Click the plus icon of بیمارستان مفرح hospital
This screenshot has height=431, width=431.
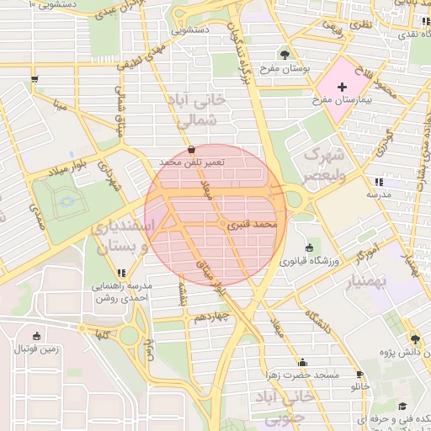pyautogui.click(x=342, y=87)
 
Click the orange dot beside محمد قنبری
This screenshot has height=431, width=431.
pyautogui.click(x=222, y=226)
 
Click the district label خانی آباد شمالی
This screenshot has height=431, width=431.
pyautogui.click(x=200, y=110)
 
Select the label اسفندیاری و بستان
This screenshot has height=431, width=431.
pyautogui.click(x=123, y=237)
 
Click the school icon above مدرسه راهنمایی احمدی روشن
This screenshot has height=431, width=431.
pyautogui.click(x=122, y=273)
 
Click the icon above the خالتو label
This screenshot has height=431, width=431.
pyautogui.click(x=360, y=375)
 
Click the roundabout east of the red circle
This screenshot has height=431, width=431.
pyautogui.click(x=295, y=200)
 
